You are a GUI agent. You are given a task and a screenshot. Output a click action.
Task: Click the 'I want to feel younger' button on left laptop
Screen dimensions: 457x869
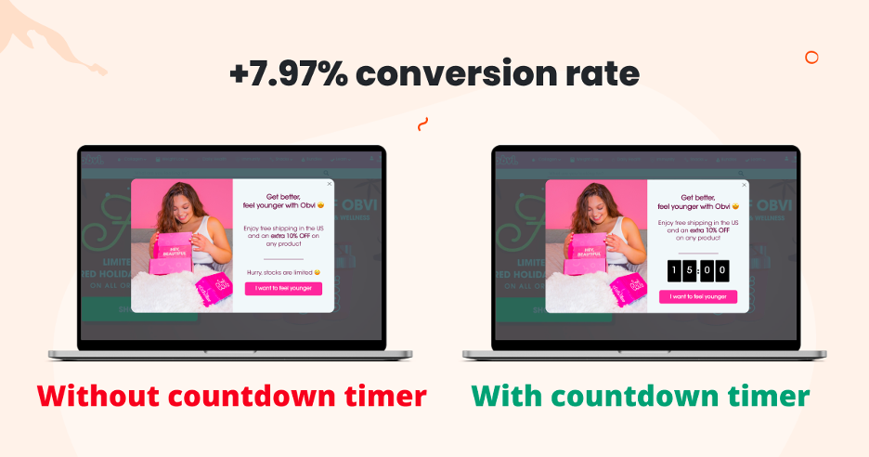click(x=283, y=288)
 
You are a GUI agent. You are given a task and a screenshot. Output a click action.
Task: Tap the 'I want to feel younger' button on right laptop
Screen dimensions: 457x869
click(x=697, y=296)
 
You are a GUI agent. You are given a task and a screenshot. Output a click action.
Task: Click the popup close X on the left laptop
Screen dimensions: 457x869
click(x=329, y=184)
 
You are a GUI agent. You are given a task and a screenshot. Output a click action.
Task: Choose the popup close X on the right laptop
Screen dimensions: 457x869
click(x=743, y=184)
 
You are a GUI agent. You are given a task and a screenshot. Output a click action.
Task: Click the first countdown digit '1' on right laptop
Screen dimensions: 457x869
click(x=674, y=270)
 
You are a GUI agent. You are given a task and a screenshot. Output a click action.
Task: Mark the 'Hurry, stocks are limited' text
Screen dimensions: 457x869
click(x=283, y=271)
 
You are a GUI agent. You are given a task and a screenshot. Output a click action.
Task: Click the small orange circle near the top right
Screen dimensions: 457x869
click(x=811, y=58)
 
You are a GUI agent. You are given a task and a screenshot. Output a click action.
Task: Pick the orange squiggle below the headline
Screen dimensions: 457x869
click(x=423, y=124)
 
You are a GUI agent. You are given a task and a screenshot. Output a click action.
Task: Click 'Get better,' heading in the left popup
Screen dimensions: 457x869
click(x=283, y=197)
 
